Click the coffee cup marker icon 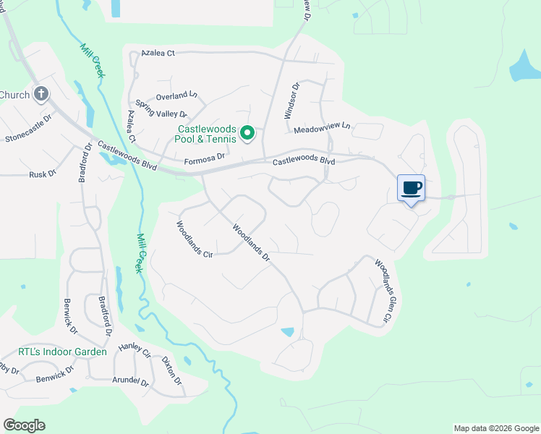411,189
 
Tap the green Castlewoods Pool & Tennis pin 247,133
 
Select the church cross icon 41,93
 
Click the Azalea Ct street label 158,53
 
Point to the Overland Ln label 178,95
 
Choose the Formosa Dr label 205,156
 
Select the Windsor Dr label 291,101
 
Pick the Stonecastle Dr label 29,128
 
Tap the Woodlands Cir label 194,239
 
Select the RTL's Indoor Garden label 62,352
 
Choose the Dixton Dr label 172,370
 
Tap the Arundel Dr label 130,380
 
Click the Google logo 25,425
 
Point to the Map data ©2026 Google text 495,428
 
